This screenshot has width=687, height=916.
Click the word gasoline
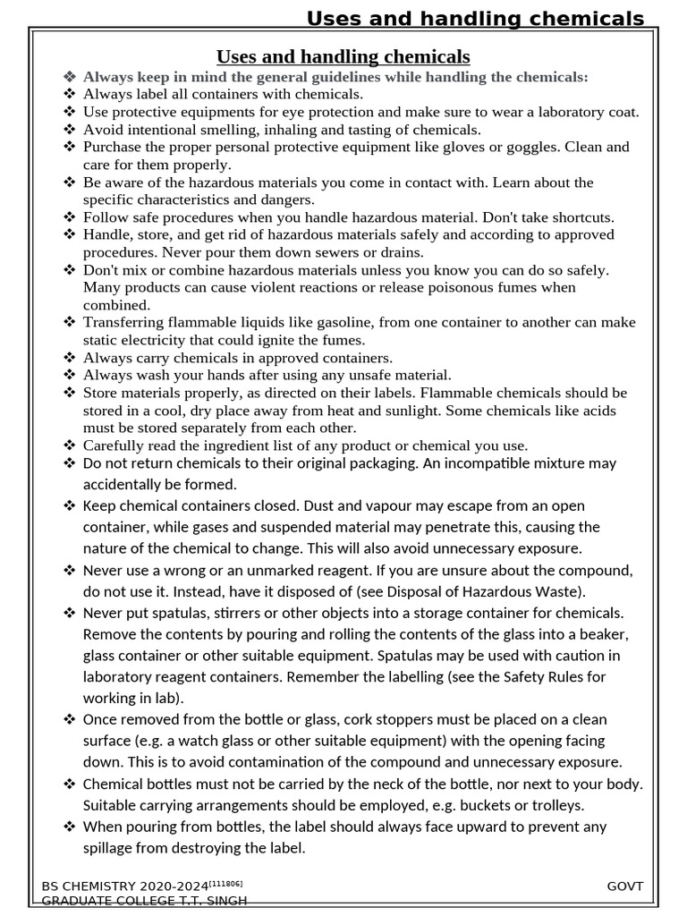click(333, 323)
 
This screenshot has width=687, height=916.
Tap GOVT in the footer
click(624, 886)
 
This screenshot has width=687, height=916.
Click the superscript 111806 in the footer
click(225, 884)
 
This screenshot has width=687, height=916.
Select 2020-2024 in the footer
click(174, 886)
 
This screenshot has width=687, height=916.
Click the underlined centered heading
click(344, 57)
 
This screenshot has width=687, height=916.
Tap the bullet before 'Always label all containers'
click(71, 94)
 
